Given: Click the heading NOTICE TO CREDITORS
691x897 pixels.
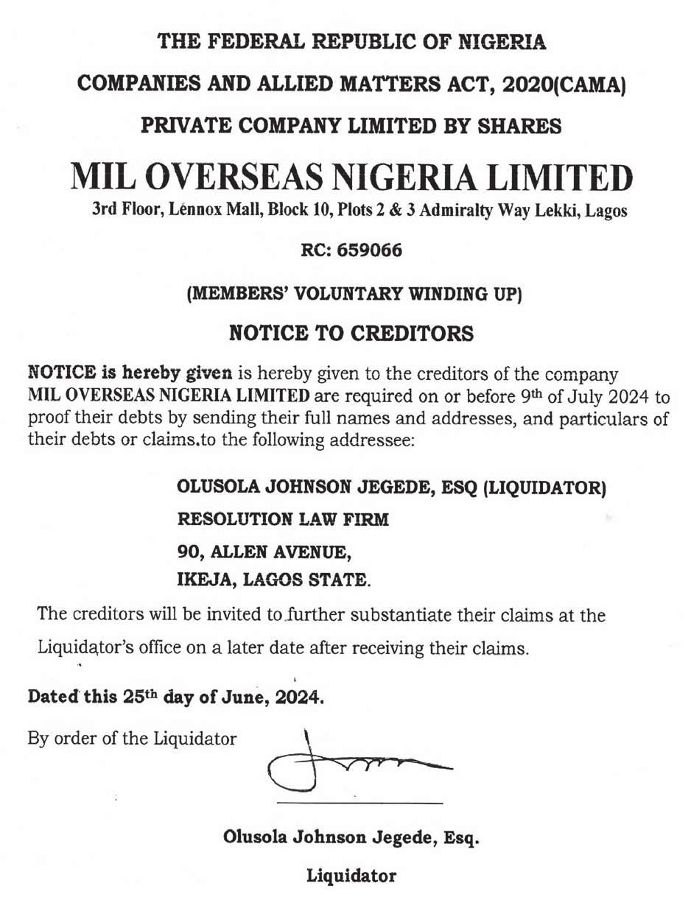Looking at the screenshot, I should click(x=351, y=334).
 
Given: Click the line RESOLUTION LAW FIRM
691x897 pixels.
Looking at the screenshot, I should click(x=283, y=519).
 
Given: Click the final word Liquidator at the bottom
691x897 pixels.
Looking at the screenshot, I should click(x=351, y=876).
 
